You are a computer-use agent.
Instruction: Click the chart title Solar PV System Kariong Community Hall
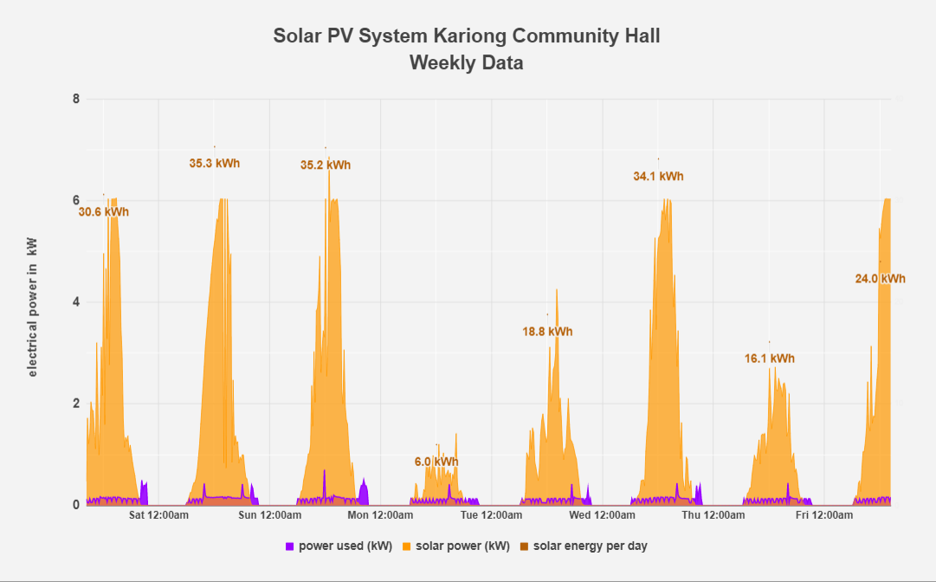pos(467,36)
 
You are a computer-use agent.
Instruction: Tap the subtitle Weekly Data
pos(467,63)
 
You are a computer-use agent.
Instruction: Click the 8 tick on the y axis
pos(76,99)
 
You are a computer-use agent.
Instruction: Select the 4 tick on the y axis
pos(76,301)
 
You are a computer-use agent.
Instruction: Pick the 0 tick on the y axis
pos(76,504)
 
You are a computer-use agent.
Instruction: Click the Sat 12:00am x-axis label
pos(159,516)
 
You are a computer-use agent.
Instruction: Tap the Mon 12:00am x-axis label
pos(381,516)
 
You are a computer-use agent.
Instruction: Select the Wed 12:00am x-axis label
pos(603,516)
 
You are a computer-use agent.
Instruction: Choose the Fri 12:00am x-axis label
pos(824,516)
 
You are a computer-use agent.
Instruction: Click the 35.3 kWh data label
pos(215,163)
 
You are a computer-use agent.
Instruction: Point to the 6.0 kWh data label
pos(436,462)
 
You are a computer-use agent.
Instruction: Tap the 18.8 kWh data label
pos(547,331)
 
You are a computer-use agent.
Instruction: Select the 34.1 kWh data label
pos(658,176)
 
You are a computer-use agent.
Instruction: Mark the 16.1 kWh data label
pos(769,359)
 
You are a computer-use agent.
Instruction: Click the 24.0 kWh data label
pos(880,279)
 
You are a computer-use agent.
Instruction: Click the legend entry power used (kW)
pos(339,546)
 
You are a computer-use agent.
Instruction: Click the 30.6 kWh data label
pos(104,211)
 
